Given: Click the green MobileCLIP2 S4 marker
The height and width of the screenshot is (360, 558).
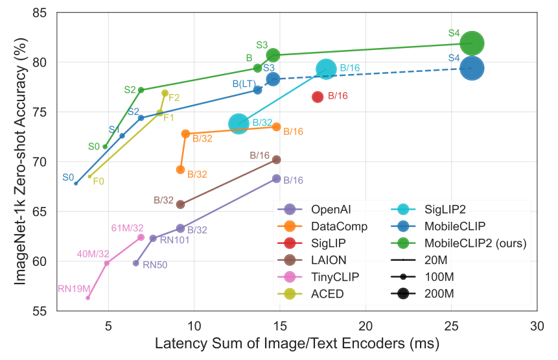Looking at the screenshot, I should click(x=472, y=43).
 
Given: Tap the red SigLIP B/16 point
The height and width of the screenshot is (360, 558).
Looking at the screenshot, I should click(x=318, y=97).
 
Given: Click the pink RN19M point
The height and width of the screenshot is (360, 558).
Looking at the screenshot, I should click(x=88, y=298).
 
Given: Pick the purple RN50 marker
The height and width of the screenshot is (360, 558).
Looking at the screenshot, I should click(x=136, y=263).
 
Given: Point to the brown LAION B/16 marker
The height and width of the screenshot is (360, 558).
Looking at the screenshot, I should click(x=277, y=160).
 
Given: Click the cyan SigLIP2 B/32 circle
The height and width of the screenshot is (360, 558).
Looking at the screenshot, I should click(x=238, y=124).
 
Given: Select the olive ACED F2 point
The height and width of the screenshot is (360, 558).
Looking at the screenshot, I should click(x=165, y=93).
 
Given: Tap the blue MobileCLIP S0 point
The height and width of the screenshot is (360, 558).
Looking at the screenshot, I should click(x=76, y=184).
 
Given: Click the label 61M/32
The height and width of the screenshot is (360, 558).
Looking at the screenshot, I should click(x=127, y=228).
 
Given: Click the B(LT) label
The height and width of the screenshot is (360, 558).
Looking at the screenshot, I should click(x=243, y=84).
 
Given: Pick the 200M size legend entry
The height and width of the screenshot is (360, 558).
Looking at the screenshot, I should click(x=430, y=293).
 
